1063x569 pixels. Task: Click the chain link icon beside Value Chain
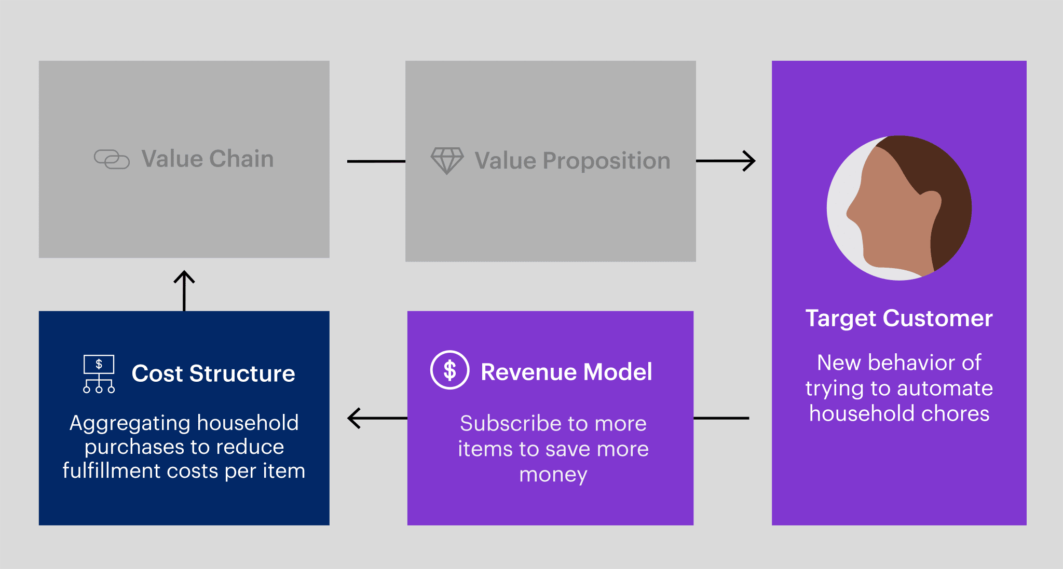tap(112, 159)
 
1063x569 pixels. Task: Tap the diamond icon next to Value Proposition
tap(447, 161)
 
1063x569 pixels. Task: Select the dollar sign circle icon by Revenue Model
tap(450, 370)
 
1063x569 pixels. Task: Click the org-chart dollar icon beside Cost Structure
tap(99, 374)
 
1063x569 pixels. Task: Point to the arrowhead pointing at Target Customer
tap(749, 161)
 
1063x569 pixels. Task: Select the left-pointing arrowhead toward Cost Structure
tap(355, 418)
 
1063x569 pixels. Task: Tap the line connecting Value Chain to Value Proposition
tap(376, 161)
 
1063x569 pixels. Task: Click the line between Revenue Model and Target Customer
tap(721, 418)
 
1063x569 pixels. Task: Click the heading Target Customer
tap(899, 318)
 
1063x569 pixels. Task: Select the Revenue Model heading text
tap(566, 372)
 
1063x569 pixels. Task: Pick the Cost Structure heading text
tap(213, 373)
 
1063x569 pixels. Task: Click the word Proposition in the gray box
tap(606, 161)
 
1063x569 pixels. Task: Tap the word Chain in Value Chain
tap(241, 159)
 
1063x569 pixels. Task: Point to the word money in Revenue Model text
tap(553, 475)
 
